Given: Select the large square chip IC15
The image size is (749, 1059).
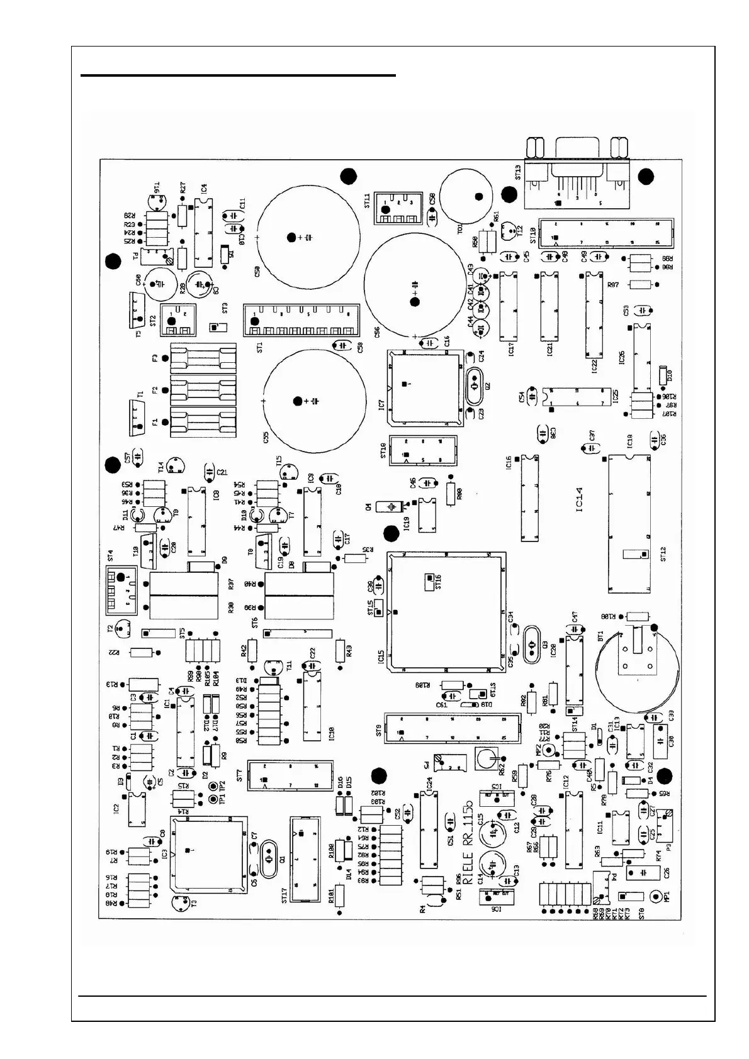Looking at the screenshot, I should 446,610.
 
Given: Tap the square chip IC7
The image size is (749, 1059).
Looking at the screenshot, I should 425,385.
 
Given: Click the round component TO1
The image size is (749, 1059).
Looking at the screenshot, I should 465,194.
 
